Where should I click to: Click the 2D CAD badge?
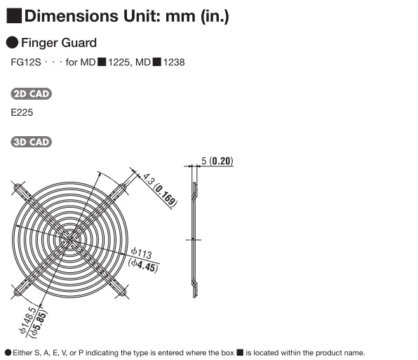[x=31, y=94]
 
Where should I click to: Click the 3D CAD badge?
[x=31, y=142]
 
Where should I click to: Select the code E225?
[x=22, y=112]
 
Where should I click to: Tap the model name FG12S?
[x=26, y=62]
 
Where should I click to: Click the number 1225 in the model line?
[x=119, y=62]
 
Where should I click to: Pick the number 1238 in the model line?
[x=174, y=62]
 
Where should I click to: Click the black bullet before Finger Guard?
[x=12, y=43]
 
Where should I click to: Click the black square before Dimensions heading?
[x=14, y=16]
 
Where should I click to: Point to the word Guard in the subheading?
[x=80, y=43]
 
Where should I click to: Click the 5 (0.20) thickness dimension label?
[x=217, y=161]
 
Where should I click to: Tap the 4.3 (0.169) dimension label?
[x=160, y=190]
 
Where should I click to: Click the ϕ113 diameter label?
[x=141, y=253]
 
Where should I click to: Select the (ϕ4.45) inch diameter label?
[x=143, y=266]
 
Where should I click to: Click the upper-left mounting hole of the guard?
[x=18, y=187]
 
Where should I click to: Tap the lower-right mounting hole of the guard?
[x=123, y=292]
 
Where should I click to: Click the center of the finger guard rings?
[x=70, y=240]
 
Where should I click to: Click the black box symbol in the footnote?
[x=240, y=352]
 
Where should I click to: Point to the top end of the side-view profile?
[x=194, y=182]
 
